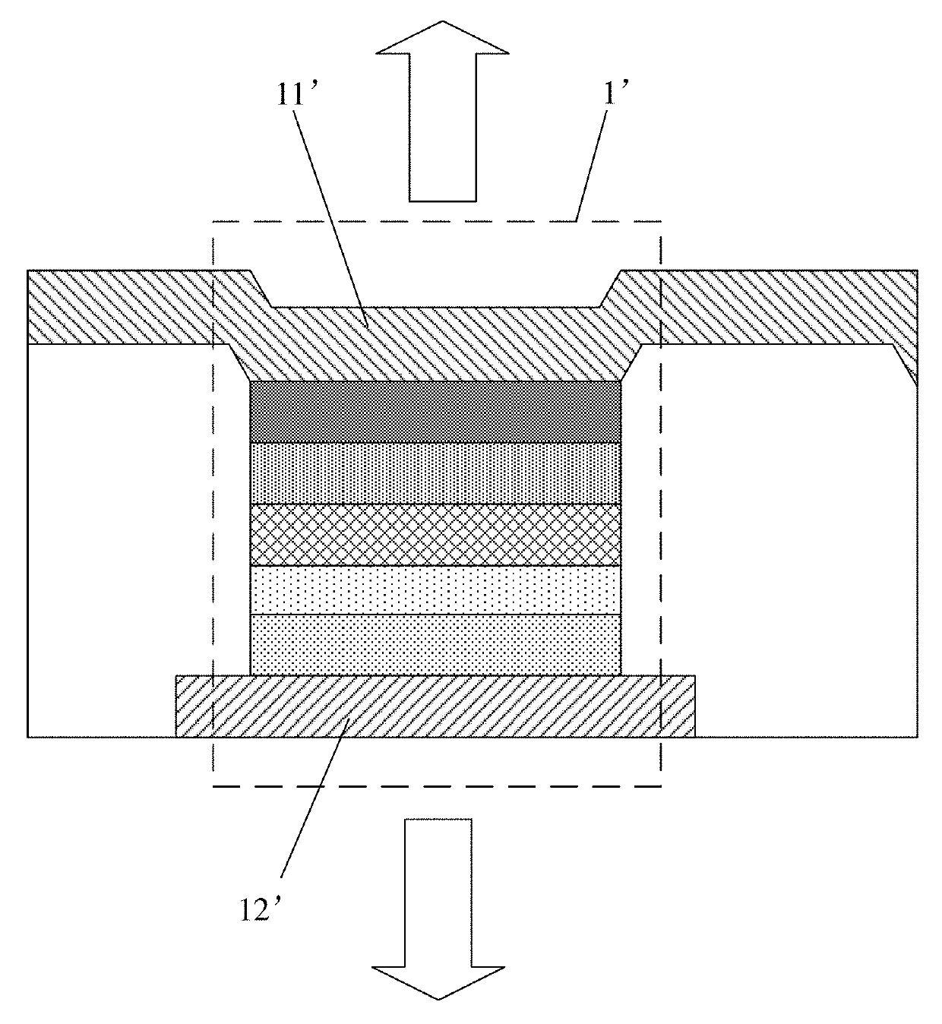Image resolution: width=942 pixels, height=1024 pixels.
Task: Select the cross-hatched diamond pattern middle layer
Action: point(435,535)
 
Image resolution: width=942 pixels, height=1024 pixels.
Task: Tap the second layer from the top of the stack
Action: point(435,472)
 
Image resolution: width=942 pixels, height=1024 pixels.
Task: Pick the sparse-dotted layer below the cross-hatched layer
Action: point(435,590)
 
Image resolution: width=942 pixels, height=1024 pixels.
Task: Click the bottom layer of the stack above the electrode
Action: point(435,644)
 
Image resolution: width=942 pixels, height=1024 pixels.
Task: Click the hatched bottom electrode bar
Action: point(435,706)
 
